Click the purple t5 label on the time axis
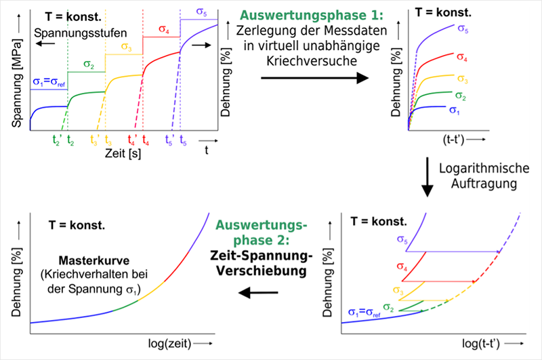183,141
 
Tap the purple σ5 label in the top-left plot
202,12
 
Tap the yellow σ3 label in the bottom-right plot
400,291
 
